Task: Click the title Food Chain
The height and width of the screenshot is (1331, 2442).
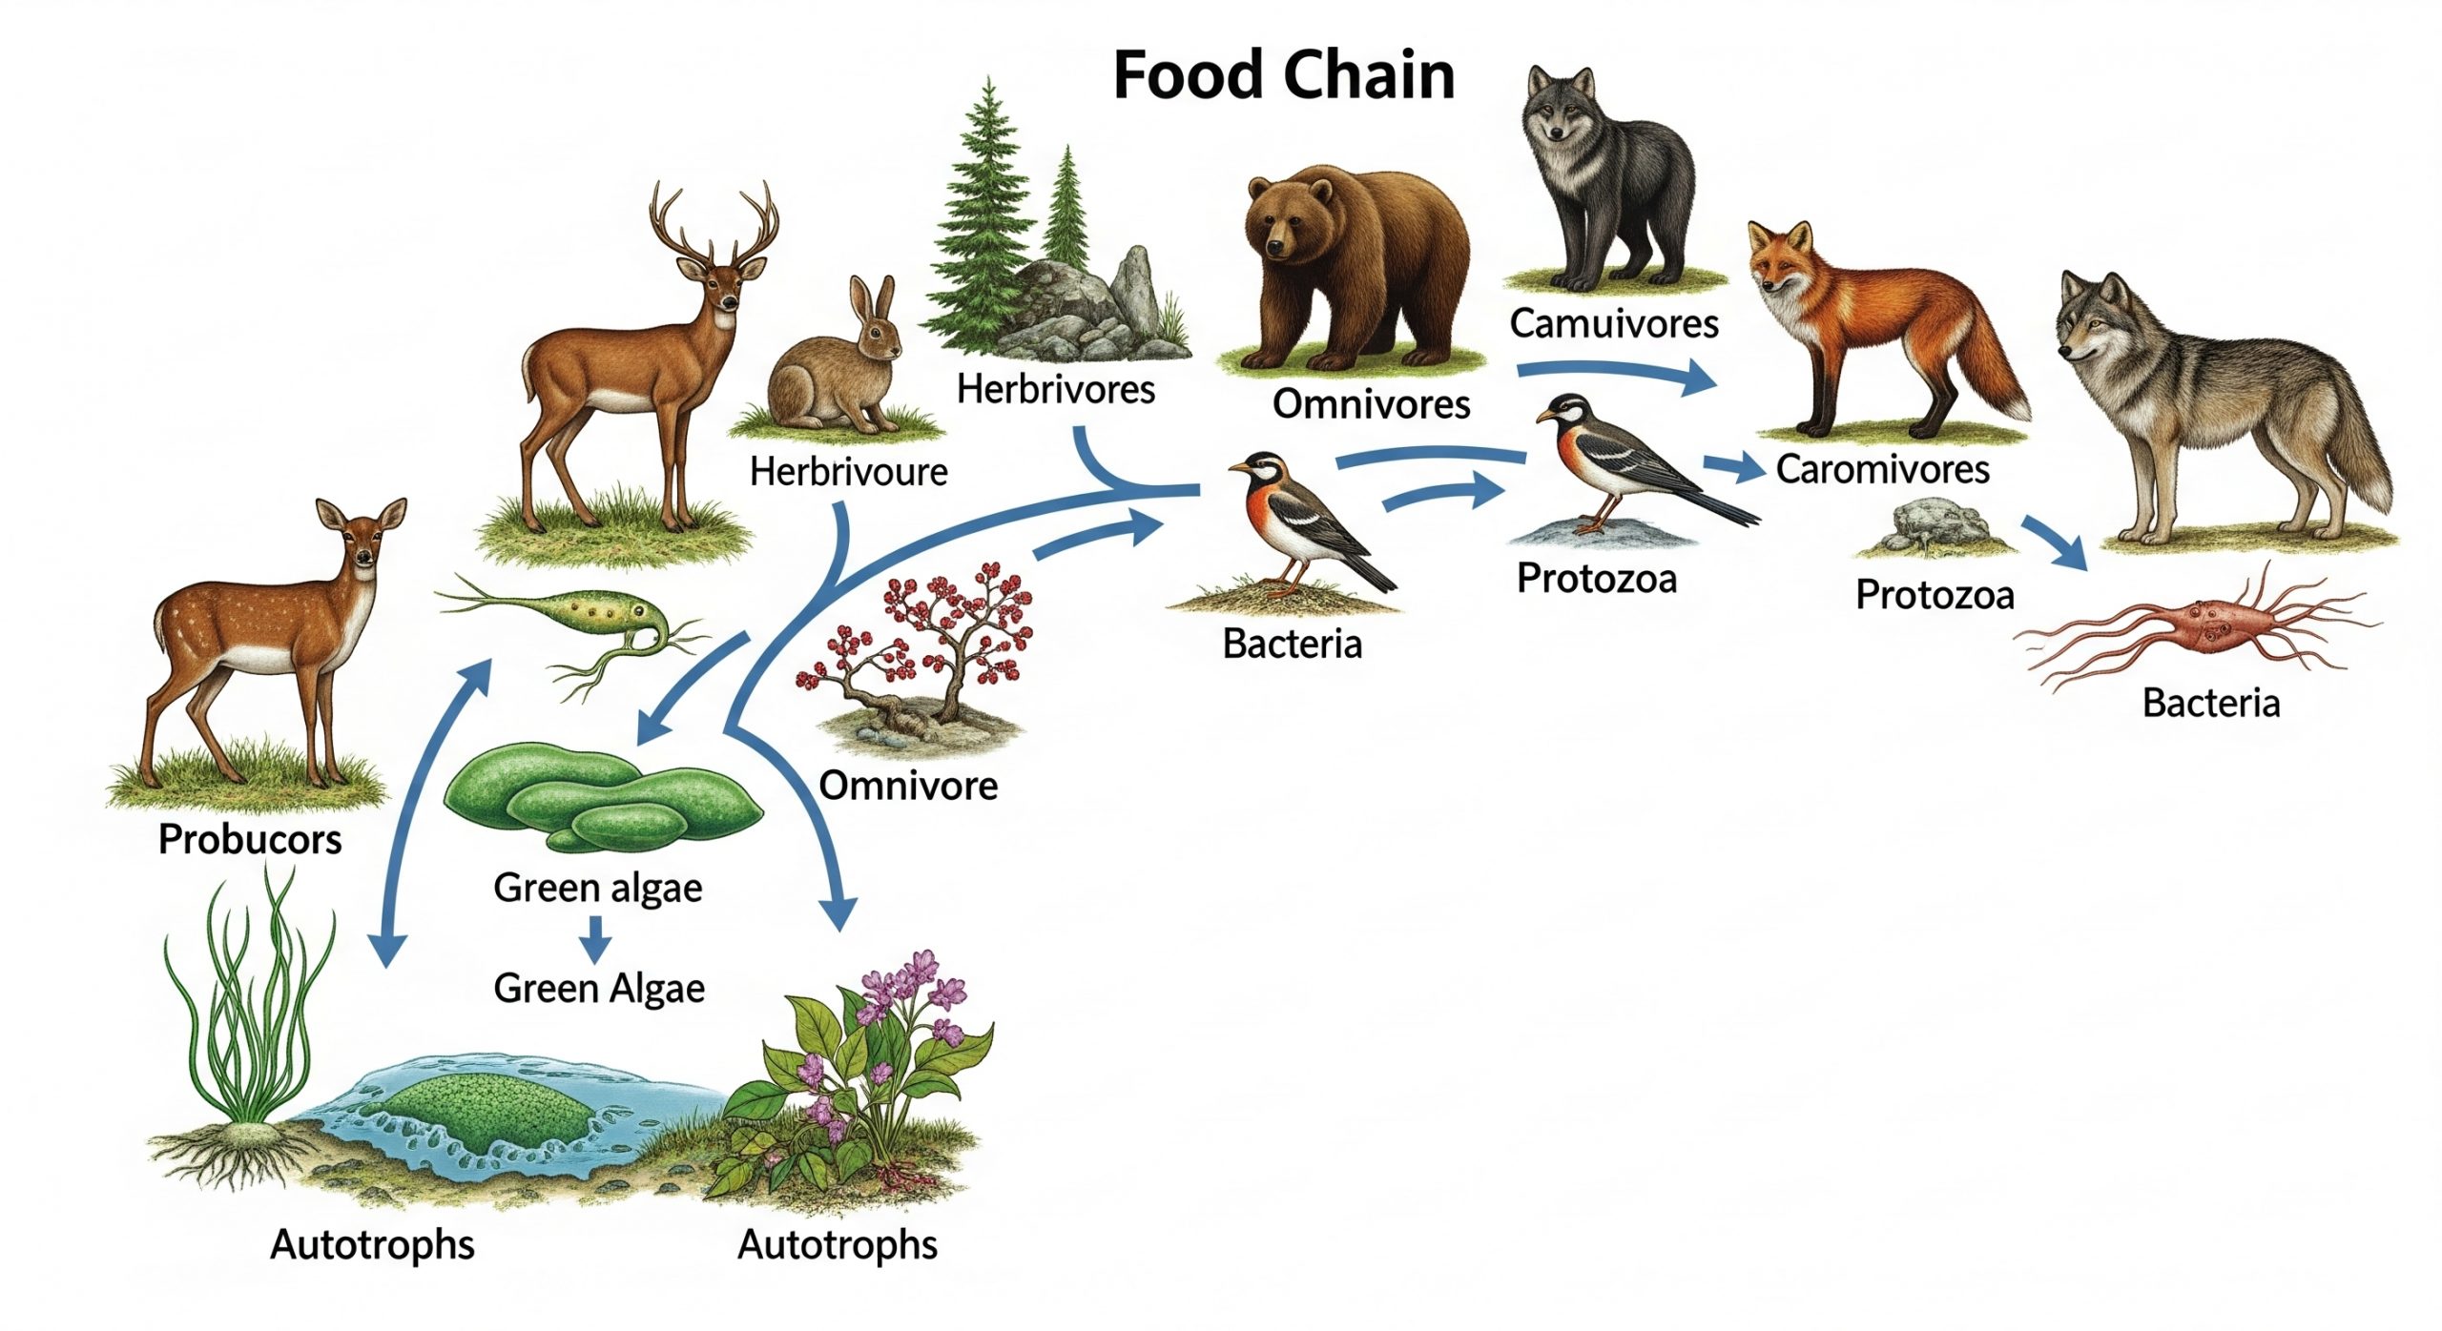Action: coord(1283,76)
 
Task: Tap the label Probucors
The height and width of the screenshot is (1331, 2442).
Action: coord(250,839)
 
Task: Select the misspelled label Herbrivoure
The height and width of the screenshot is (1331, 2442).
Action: coord(848,472)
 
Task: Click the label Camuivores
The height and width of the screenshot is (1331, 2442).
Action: coord(1614,324)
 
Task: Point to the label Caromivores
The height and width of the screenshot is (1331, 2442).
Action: coord(1882,469)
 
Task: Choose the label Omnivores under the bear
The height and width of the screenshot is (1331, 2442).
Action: coord(1371,404)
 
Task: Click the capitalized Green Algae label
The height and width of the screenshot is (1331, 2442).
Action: coord(599,989)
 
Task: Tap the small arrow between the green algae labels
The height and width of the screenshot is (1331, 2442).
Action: coord(596,939)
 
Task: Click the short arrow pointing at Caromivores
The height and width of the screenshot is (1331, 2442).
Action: coord(1735,467)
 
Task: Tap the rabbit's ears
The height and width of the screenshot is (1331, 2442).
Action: coord(874,303)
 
